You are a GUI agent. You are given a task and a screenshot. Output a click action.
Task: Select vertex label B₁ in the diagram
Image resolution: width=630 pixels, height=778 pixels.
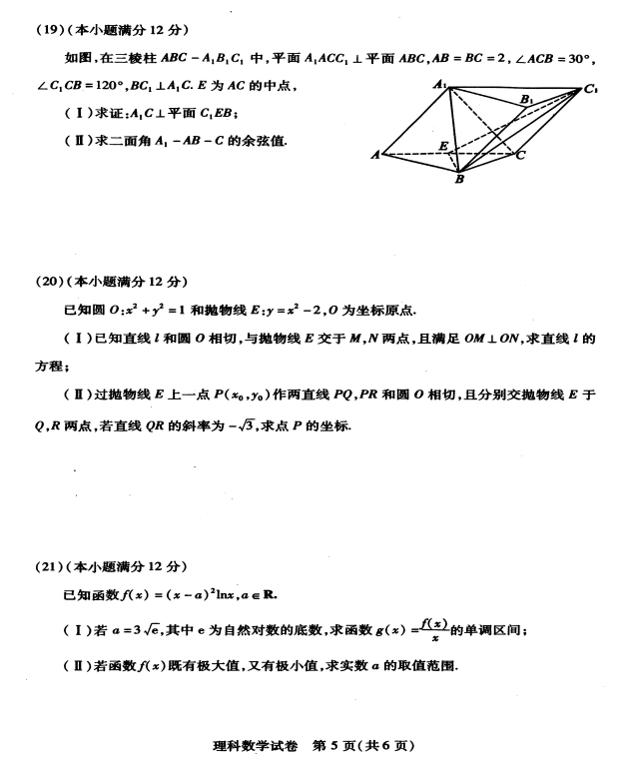click(525, 99)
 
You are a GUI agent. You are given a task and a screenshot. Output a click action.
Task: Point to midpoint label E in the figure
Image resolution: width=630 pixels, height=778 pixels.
click(444, 146)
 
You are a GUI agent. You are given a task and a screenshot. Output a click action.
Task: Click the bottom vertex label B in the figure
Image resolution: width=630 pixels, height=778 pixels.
click(458, 181)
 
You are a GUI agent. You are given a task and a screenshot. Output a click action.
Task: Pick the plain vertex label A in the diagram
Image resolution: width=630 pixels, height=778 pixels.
click(374, 155)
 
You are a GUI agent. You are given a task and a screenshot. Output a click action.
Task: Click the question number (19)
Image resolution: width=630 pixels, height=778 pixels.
click(50, 29)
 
